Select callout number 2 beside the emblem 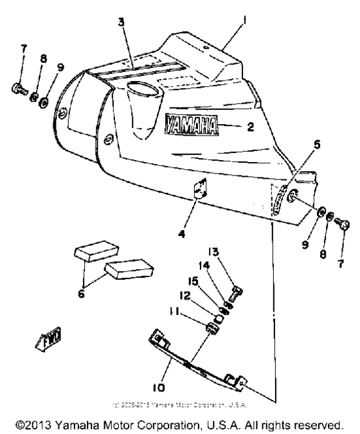[250, 127]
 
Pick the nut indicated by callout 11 [210, 329]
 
